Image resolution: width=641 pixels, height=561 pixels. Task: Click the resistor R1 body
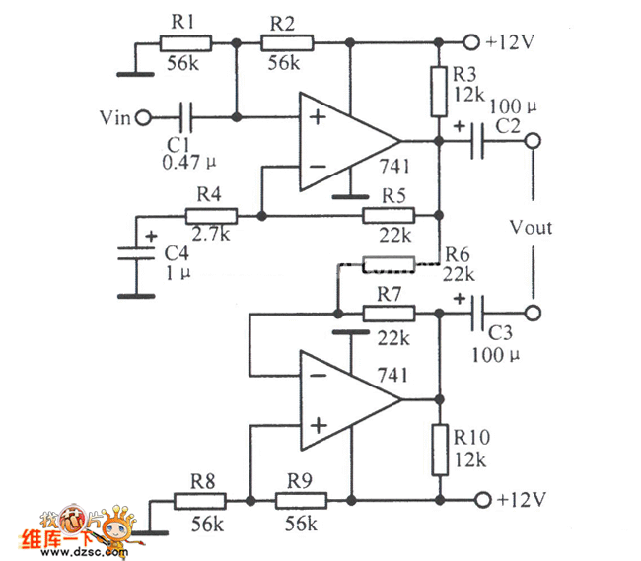pos(184,42)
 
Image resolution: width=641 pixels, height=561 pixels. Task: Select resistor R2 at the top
pos(287,42)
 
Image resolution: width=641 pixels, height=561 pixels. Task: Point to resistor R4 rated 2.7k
pos(210,215)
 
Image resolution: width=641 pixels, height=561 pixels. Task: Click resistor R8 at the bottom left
pos(200,501)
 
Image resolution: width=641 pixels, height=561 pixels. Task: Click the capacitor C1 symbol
pos(187,117)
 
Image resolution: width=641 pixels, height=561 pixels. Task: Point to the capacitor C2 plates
pos(480,141)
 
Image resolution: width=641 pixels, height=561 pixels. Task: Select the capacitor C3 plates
pos(480,314)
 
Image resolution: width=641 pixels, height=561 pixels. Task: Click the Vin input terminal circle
pos(143,117)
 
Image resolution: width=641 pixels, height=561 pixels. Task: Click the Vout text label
pos(532,228)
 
